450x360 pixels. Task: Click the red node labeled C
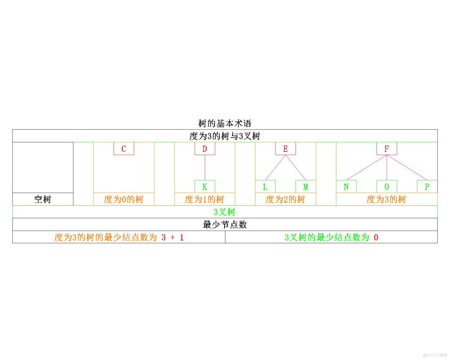(x=124, y=149)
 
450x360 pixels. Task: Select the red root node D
(x=204, y=149)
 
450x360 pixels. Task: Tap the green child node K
(x=204, y=187)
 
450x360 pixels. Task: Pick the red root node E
(x=285, y=149)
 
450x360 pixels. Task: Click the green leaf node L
(x=265, y=187)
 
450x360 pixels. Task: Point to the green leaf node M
(x=306, y=187)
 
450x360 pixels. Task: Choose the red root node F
(x=387, y=149)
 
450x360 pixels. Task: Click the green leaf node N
(x=346, y=187)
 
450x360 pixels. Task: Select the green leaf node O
(x=387, y=187)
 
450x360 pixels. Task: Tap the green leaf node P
(x=427, y=187)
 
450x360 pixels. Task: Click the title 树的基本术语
(x=225, y=124)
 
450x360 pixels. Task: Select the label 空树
(x=43, y=199)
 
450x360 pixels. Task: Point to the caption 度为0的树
(x=124, y=199)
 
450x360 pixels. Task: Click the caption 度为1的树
(x=204, y=199)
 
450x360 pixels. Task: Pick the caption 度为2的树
(x=285, y=199)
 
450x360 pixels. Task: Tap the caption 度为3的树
(x=387, y=199)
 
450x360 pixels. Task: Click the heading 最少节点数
(x=225, y=225)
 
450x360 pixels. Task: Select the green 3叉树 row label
(x=225, y=212)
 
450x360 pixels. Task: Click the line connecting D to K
(x=204, y=168)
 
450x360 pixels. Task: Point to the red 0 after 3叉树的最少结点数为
(x=376, y=238)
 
